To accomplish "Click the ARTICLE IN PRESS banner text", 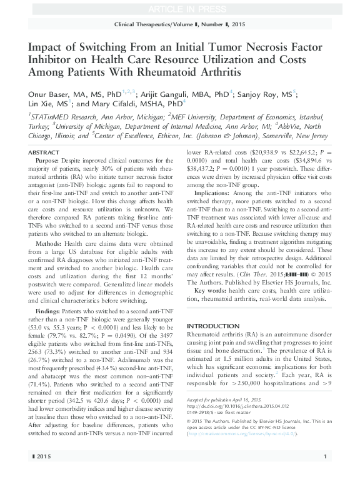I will coord(179,8).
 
